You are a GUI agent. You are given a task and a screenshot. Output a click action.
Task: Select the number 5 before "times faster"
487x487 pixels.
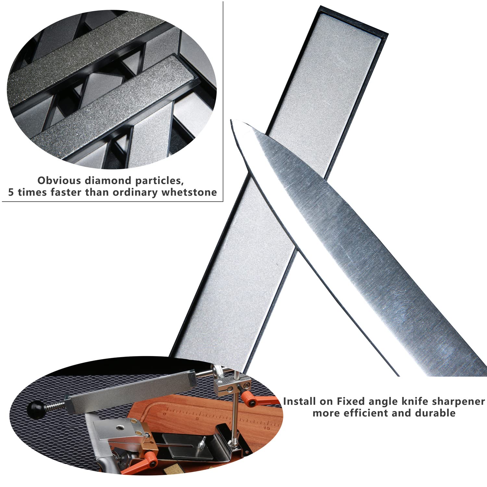click(x=11, y=192)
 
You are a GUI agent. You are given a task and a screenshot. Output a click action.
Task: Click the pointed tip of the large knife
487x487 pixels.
click(x=231, y=120)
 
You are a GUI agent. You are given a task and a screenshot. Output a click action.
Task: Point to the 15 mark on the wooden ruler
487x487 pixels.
click(x=267, y=428)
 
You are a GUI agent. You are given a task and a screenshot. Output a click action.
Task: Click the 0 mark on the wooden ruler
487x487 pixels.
click(x=165, y=414)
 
